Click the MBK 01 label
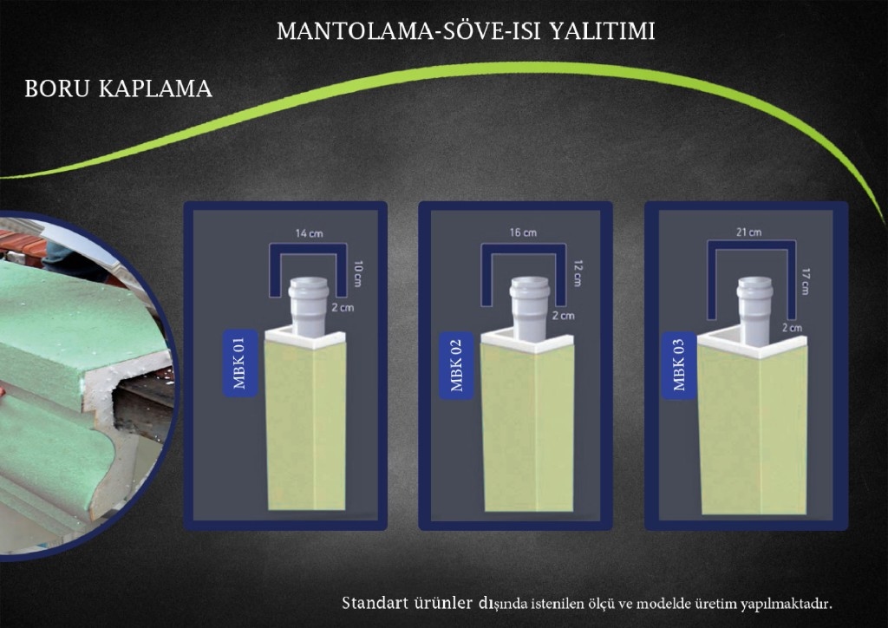coord(240,363)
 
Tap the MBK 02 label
coord(456,365)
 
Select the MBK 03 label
coord(679,365)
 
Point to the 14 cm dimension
coord(310,233)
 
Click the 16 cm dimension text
coord(523,232)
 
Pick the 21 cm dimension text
coord(748,232)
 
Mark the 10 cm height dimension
coord(357,273)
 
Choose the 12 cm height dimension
coord(577,273)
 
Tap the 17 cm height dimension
coord(805,281)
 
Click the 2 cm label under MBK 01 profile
coord(343,307)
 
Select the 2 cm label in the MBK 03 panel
coord(792,328)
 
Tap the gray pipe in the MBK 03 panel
coord(755,311)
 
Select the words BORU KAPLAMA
coord(118,88)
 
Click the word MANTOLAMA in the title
coord(355,31)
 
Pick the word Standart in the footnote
coord(375,603)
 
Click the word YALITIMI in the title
coord(603,31)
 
